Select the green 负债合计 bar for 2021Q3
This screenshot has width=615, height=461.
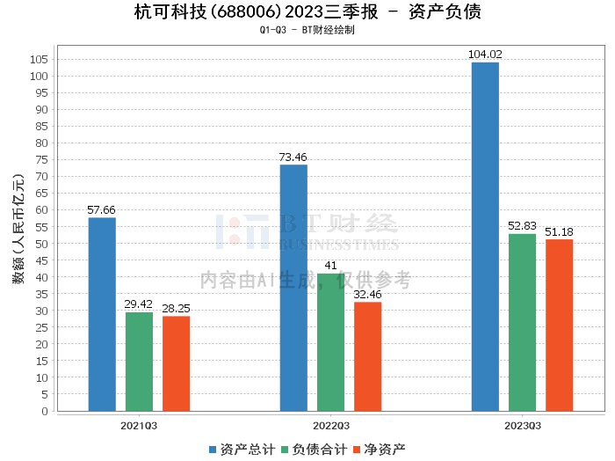(139, 362)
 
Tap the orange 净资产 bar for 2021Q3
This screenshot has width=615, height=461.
(176, 363)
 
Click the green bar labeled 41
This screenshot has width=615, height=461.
(330, 342)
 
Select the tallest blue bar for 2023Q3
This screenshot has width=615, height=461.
(485, 237)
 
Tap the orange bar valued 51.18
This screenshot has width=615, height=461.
(559, 325)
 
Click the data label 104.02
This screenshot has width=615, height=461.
(485, 55)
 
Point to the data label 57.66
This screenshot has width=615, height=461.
(102, 210)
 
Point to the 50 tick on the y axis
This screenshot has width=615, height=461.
(41, 244)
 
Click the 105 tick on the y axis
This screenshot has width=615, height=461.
(39, 59)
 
